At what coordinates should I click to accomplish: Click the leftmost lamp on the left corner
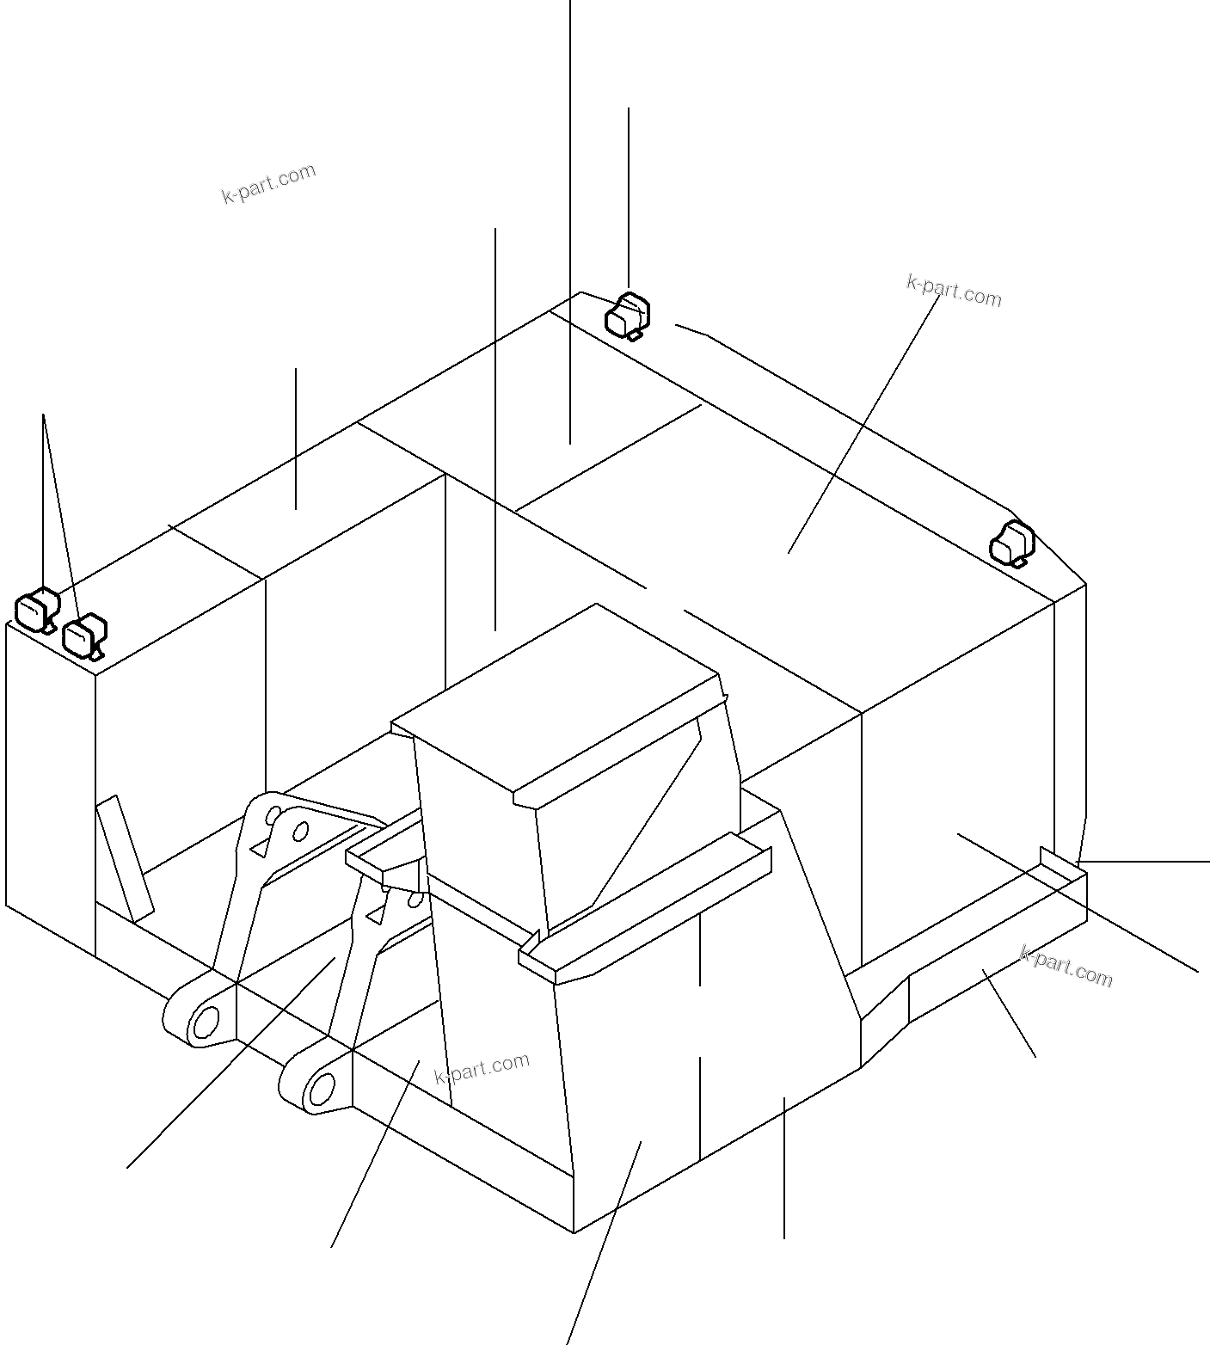coord(37,610)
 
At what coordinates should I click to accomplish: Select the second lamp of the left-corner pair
coord(84,637)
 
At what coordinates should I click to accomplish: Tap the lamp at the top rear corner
coord(628,316)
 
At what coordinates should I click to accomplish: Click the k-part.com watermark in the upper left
coord(269,184)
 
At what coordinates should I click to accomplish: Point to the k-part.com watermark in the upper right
coord(954,291)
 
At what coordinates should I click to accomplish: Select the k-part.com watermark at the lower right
coord(1066,967)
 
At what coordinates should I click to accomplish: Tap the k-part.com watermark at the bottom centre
coord(482,1068)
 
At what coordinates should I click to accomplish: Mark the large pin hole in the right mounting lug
coord(322,1089)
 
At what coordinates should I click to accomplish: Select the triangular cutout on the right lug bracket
coord(375,915)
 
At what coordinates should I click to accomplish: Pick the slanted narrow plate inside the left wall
coord(125,859)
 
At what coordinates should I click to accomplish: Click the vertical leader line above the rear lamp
coord(629,199)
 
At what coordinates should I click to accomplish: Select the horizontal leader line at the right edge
coord(1144,861)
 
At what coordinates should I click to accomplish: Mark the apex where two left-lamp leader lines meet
coord(43,415)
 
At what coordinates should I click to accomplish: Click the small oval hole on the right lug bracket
coord(416,900)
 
